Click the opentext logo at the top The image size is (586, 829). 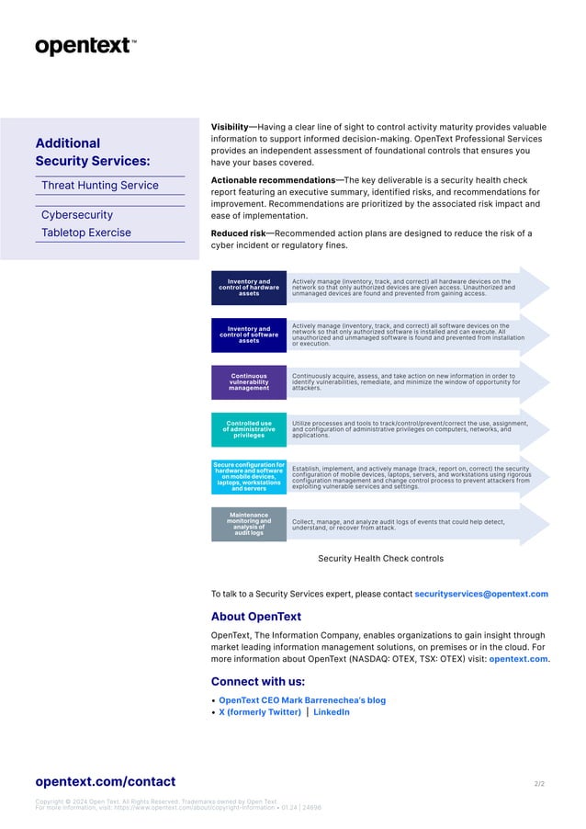tap(85, 46)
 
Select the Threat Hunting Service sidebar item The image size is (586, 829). tap(100, 186)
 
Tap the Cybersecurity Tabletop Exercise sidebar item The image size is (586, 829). tap(86, 224)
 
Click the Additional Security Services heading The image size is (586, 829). tap(92, 153)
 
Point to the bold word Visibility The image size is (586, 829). tap(233, 128)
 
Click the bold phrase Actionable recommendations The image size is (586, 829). tap(273, 180)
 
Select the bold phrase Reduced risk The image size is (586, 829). tap(238, 233)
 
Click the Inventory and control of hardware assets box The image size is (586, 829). tap(249, 288)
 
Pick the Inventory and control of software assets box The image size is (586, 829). tap(249, 335)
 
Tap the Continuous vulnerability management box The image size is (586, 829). tap(249, 382)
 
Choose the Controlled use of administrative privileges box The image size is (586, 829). tap(249, 429)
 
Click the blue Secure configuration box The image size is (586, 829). tap(249, 477)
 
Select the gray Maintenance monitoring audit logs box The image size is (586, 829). tap(249, 524)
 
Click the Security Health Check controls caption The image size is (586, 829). tap(380, 558)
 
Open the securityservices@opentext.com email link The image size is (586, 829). tap(481, 594)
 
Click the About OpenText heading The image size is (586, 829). tap(255, 617)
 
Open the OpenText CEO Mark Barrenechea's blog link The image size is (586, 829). tap(301, 700)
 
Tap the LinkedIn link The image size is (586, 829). tap(331, 712)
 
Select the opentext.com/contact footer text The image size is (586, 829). tap(105, 781)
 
